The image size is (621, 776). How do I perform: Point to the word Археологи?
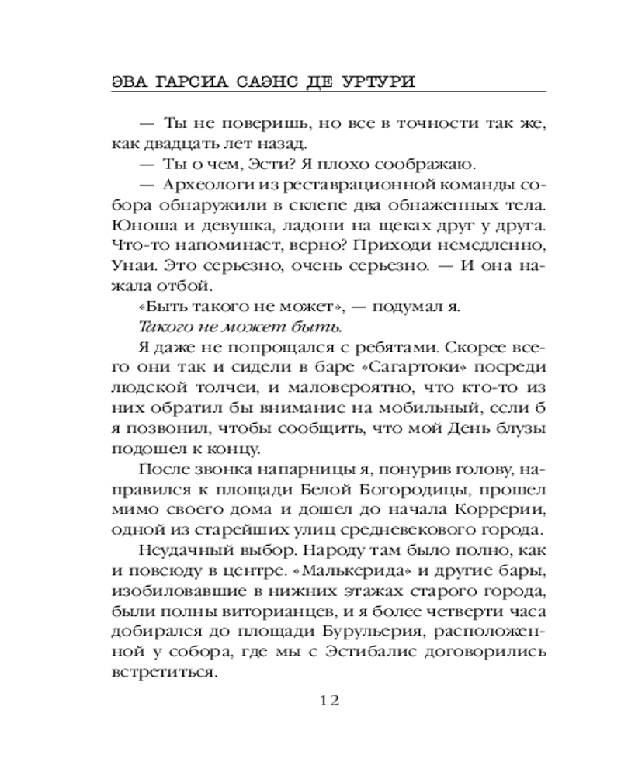pos(203,185)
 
